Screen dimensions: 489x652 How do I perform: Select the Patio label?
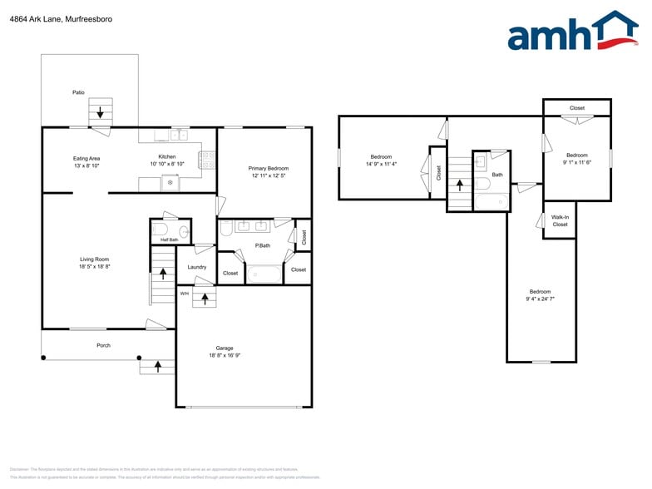tap(78, 92)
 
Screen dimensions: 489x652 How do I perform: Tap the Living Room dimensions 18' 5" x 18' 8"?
tap(94, 267)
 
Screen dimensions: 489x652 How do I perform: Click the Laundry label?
tap(196, 267)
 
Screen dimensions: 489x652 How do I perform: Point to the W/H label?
tap(184, 294)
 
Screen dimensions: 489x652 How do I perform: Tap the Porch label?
tap(103, 345)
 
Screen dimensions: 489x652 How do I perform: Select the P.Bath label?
tap(262, 245)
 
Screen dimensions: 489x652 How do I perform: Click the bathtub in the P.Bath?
tap(264, 273)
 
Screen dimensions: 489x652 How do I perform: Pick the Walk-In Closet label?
tap(560, 220)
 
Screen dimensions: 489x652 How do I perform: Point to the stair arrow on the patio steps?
tap(101, 111)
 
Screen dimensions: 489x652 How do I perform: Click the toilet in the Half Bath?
tap(162, 229)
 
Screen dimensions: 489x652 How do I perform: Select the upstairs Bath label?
tap(497, 175)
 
